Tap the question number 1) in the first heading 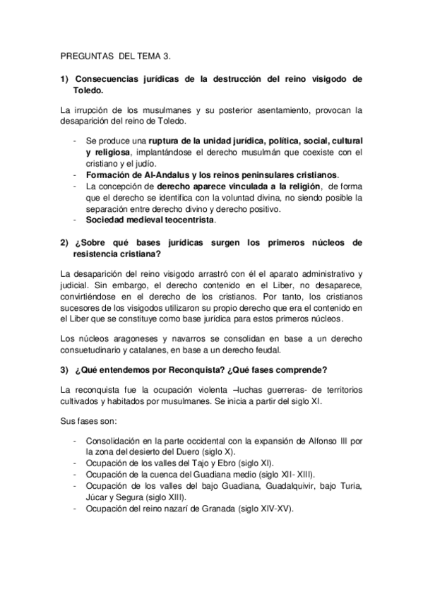click(x=64, y=79)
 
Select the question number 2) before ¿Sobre click(x=64, y=242)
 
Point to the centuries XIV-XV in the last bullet click(x=265, y=509)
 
